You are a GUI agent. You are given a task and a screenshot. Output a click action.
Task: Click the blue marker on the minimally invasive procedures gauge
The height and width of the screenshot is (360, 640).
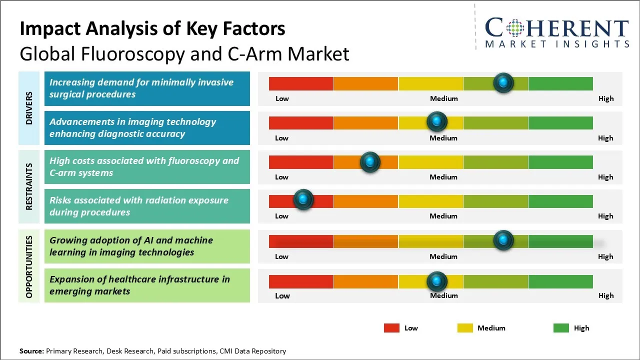point(503,82)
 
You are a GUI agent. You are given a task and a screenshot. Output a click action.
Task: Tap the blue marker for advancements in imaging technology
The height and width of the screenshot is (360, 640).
point(437,121)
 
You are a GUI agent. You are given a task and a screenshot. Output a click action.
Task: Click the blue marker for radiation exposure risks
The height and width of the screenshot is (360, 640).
point(303,200)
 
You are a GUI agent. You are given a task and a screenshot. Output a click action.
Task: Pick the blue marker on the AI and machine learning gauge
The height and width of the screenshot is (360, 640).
point(503,240)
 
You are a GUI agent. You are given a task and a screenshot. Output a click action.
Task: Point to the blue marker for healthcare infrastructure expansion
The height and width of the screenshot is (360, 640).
point(437,281)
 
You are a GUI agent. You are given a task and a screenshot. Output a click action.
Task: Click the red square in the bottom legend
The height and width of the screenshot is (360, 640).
point(391,328)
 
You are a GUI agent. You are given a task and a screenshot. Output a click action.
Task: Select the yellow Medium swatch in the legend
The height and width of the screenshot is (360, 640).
point(465,328)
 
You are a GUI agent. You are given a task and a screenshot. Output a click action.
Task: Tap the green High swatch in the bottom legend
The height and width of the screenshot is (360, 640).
point(561,328)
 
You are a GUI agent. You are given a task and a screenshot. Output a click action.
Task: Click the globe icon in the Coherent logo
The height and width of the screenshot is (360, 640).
point(514,27)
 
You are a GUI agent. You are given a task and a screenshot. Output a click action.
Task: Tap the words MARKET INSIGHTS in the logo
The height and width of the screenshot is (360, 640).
point(557,44)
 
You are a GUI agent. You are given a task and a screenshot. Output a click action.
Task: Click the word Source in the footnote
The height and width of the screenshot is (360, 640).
point(31,351)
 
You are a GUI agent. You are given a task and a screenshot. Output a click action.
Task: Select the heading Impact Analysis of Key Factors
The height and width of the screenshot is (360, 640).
point(152,28)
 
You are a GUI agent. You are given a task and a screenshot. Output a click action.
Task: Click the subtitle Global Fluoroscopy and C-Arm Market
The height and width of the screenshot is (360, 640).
point(184,53)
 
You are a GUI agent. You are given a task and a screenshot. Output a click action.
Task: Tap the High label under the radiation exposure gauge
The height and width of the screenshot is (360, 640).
point(605,216)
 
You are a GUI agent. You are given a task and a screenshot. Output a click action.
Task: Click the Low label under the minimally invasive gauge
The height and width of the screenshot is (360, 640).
point(282,98)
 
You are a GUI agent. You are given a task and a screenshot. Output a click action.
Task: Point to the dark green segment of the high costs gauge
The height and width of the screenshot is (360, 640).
point(560,162)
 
